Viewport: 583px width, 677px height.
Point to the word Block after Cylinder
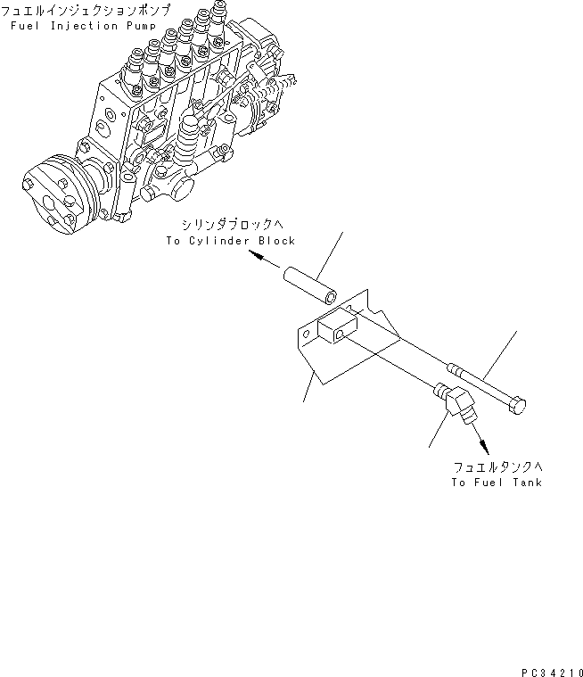click(275, 241)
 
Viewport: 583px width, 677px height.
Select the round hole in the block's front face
click(341, 334)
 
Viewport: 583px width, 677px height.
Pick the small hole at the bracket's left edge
click(308, 333)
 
